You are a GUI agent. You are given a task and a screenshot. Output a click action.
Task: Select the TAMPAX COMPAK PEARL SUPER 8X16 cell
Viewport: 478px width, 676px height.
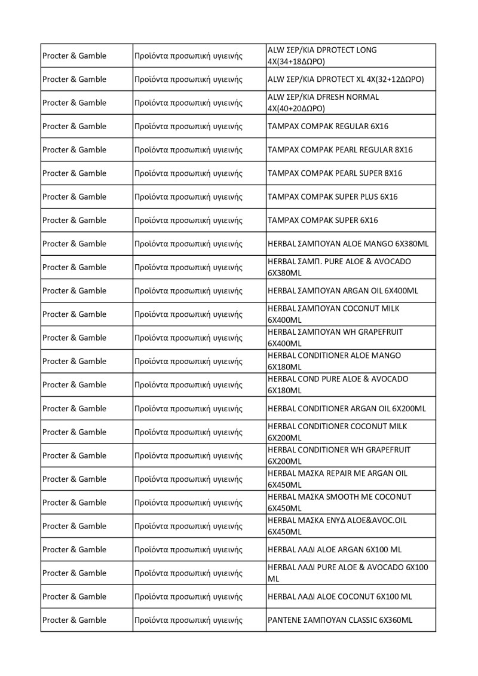335,173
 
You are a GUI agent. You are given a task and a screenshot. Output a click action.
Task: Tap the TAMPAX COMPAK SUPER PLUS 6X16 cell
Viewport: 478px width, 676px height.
333,197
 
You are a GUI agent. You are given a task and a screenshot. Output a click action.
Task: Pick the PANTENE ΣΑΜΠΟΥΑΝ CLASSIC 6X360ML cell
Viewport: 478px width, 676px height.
340,620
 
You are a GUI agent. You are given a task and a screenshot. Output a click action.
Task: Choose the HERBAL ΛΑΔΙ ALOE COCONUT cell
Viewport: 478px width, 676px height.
340,597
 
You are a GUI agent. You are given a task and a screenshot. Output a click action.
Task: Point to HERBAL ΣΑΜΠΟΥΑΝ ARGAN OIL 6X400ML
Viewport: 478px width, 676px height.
343,290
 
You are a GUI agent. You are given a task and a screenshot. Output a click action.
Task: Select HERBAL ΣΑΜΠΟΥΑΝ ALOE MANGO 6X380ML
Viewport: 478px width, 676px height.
348,244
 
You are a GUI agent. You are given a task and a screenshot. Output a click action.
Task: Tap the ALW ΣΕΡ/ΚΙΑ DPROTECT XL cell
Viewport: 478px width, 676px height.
346,79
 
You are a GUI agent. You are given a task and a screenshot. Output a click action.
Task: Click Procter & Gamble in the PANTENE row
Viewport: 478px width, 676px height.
74,620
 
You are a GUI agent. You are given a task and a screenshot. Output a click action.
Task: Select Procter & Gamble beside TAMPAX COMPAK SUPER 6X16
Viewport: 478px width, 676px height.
74,220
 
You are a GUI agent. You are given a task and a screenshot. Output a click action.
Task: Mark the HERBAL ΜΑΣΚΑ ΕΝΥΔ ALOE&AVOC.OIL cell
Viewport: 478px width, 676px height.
338,526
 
